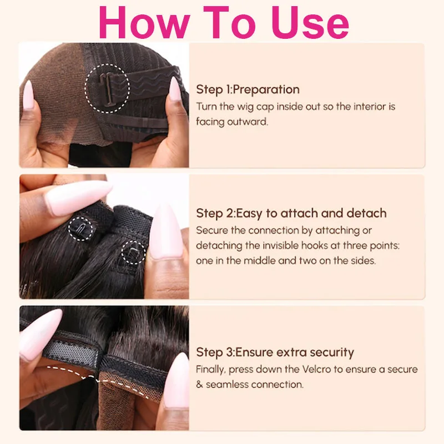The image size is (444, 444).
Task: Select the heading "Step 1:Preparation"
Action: pyautogui.click(x=248, y=89)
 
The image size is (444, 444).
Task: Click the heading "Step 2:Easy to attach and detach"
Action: pyautogui.click(x=291, y=213)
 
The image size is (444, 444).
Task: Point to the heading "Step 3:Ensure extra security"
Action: pyautogui.click(x=275, y=352)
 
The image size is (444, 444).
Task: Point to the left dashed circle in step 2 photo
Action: pyautogui.click(x=80, y=228)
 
